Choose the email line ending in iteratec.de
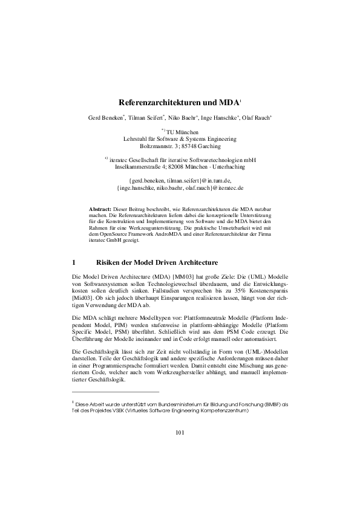(x=180, y=187)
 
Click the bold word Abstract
(x=100, y=209)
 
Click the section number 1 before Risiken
(x=73, y=263)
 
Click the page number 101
(x=180, y=432)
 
